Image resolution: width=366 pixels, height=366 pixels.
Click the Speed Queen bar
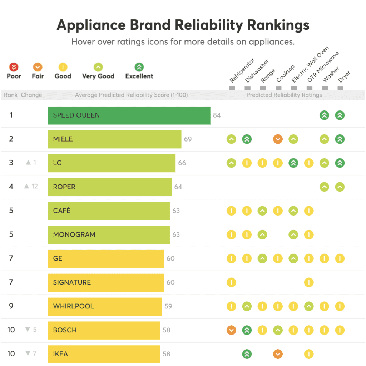(129, 115)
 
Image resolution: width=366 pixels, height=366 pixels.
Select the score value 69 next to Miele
(188, 139)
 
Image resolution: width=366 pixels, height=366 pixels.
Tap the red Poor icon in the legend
(14, 67)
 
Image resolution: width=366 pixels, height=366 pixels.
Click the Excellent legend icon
(139, 67)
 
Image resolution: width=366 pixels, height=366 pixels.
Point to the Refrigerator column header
(242, 70)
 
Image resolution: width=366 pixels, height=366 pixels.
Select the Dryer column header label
(344, 76)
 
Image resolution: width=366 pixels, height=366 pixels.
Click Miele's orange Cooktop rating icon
(278, 139)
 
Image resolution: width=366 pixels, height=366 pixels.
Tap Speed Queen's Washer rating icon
(324, 115)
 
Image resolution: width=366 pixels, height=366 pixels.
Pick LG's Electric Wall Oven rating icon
(293, 163)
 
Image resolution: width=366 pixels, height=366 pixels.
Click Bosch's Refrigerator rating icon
(231, 330)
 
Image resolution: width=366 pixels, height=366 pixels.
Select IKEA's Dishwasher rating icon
(247, 354)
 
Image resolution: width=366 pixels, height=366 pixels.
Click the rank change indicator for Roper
(31, 186)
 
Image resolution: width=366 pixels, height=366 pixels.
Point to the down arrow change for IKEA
(31, 353)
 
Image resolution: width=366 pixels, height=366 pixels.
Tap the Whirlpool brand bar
(104, 306)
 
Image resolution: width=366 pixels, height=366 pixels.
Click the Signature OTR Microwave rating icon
(308, 282)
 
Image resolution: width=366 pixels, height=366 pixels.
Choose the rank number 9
(11, 306)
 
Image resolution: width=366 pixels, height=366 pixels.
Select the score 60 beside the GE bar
(170, 258)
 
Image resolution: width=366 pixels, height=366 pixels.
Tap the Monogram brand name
(74, 235)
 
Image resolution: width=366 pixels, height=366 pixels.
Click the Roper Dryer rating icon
(340, 187)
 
